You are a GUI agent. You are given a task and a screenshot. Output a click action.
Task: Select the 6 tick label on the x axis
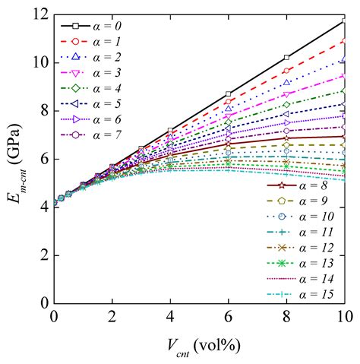(x=229, y=315)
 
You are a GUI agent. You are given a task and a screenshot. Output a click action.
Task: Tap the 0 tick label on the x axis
(x=54, y=315)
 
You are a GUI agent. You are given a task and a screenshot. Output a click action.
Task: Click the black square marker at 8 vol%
(x=287, y=57)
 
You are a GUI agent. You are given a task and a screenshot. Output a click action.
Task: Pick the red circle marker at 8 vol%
(x=287, y=70)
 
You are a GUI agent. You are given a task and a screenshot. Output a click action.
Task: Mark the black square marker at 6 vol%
(x=229, y=93)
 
